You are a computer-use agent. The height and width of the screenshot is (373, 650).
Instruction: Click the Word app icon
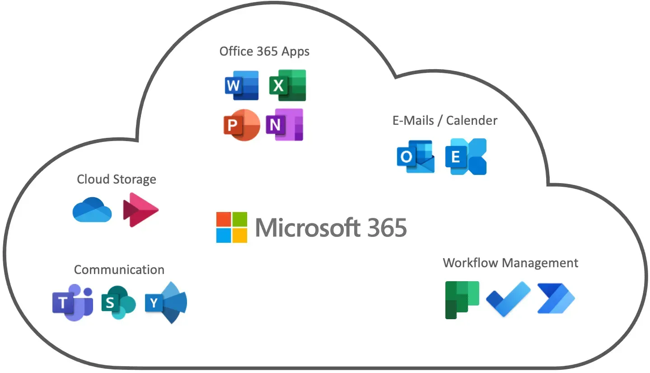(242, 85)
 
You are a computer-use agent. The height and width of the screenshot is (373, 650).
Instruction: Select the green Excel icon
(288, 85)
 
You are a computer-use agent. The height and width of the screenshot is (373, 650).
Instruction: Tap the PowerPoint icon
(242, 125)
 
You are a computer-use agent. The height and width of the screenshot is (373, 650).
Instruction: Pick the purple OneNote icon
(285, 125)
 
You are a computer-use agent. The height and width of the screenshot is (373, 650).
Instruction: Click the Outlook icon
(416, 156)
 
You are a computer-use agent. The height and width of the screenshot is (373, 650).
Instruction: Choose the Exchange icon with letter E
(466, 156)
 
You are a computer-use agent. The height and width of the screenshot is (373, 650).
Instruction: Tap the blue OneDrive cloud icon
(92, 210)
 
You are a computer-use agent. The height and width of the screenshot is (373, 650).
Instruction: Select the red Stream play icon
(141, 210)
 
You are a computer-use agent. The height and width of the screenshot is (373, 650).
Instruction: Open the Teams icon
(73, 302)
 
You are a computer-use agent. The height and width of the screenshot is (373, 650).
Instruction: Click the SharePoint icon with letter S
(118, 302)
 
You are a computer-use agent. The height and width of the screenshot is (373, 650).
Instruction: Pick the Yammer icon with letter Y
(166, 302)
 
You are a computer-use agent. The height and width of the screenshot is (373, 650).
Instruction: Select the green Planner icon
(462, 300)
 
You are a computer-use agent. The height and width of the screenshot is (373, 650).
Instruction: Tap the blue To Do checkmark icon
(509, 299)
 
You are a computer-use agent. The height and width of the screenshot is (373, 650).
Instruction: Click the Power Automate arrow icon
(556, 298)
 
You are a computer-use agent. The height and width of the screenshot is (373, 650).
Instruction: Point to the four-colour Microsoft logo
(232, 227)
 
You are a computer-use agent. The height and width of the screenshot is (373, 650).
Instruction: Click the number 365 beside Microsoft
(387, 228)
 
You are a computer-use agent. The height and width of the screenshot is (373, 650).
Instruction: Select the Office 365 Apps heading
(264, 52)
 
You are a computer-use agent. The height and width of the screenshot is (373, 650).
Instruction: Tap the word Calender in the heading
(472, 121)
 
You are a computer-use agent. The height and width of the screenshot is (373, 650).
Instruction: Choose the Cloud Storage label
(117, 179)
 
